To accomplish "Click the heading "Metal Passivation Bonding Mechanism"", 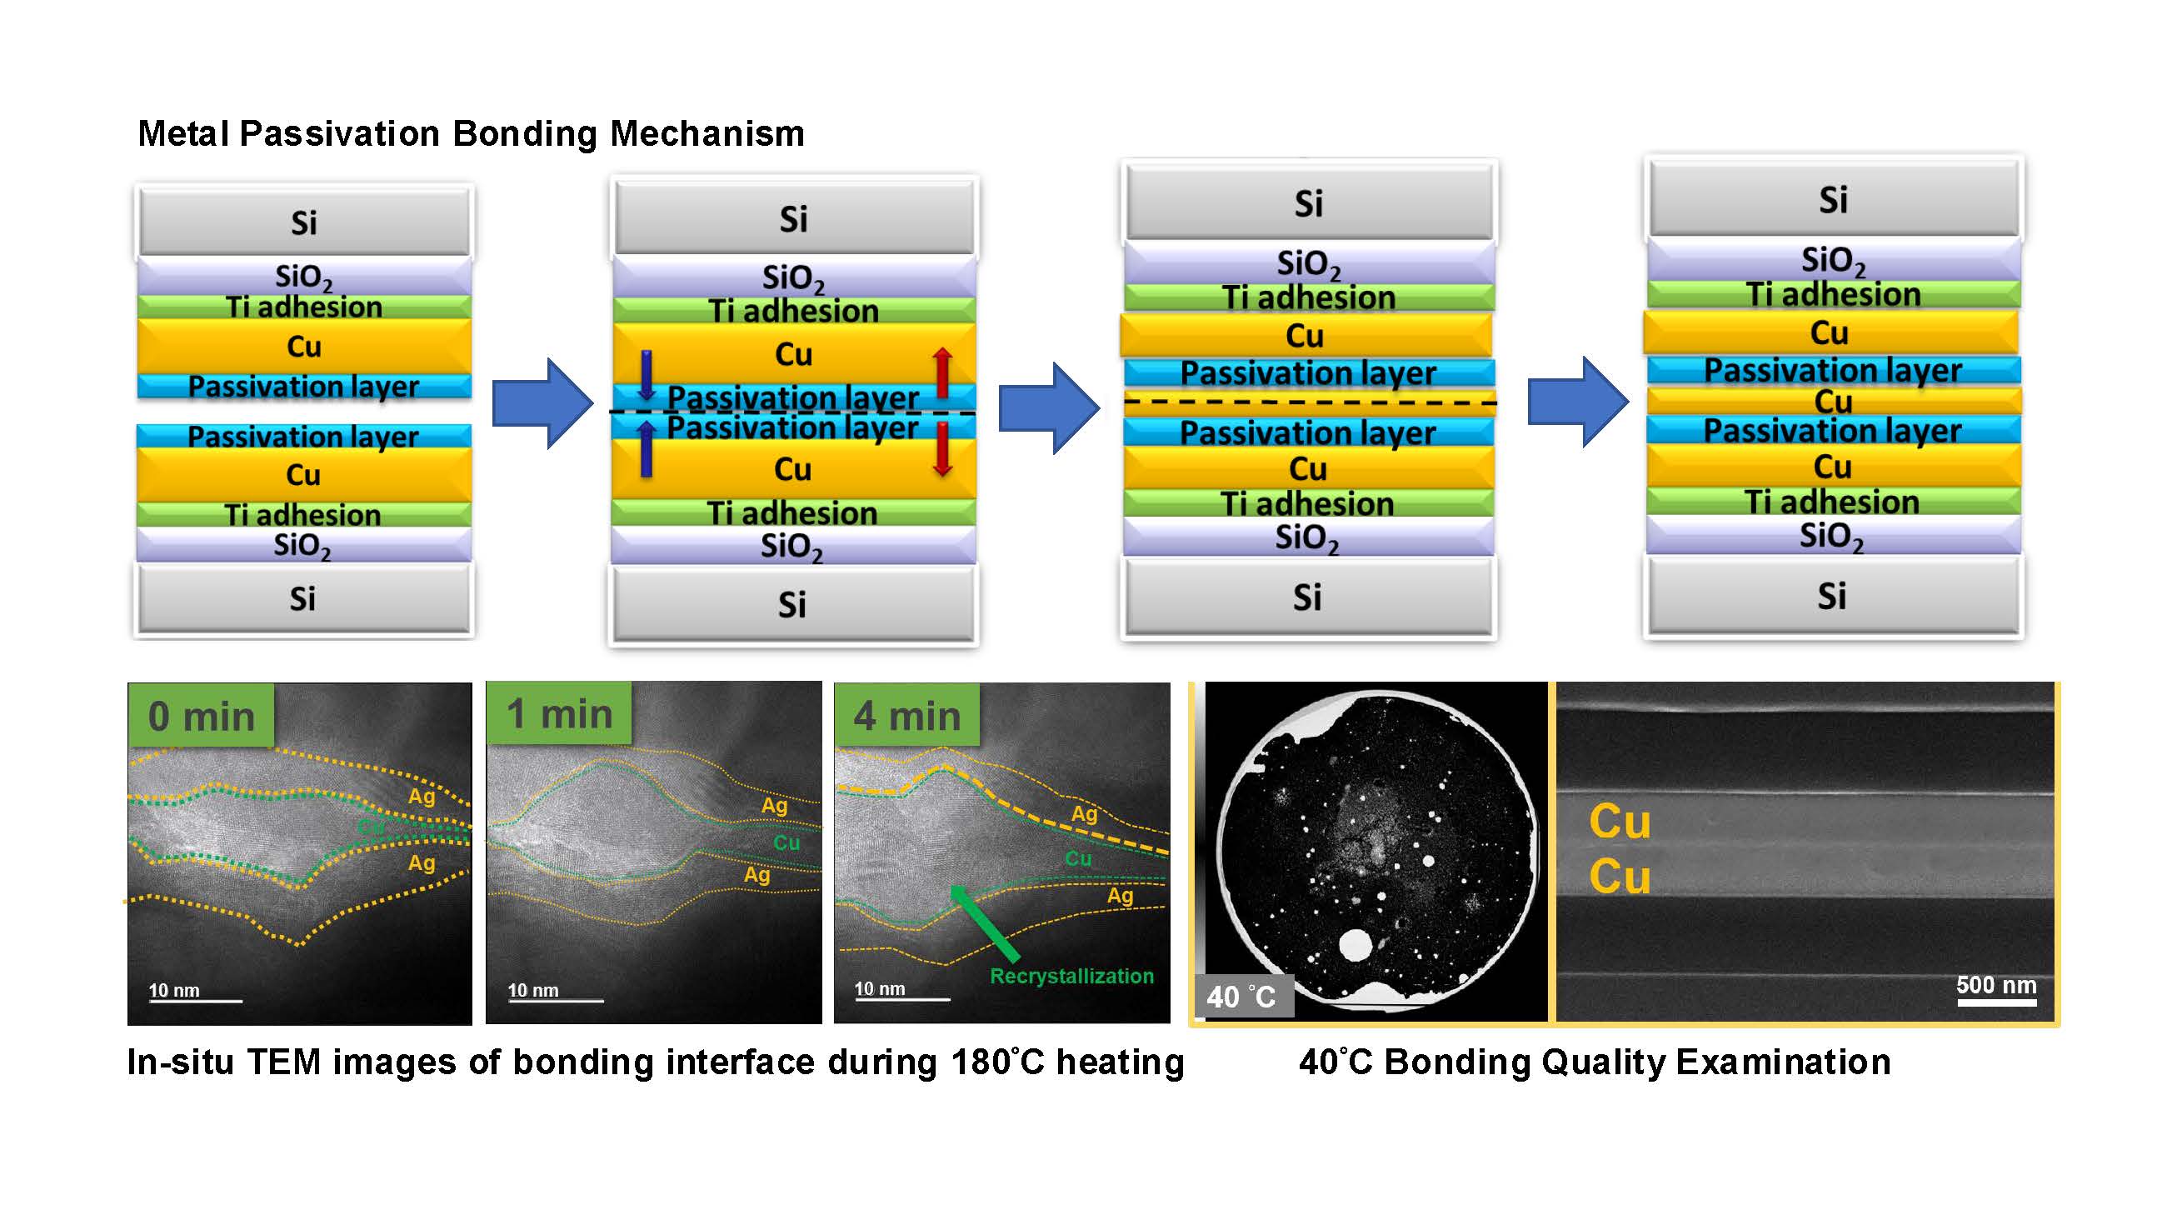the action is (471, 133).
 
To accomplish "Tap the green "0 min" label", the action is (201, 715).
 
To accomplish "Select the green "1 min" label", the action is (558, 713).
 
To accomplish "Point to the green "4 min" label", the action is (906, 715).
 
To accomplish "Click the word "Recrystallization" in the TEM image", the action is (1071, 976).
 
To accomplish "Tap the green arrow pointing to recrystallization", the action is (984, 923).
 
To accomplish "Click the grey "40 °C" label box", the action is (1243, 996).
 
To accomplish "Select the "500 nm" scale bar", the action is (1996, 1002).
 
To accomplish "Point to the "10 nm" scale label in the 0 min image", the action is (174, 990).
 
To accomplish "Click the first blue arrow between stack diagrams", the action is (542, 403).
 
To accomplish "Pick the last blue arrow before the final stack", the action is (1578, 402).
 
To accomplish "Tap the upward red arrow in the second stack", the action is (942, 372).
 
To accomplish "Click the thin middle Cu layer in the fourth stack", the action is (1833, 401).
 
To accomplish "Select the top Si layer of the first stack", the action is (304, 222).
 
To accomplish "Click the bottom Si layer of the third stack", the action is (1307, 597).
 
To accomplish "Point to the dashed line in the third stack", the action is (1309, 402).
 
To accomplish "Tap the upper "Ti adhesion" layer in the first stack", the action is (304, 306).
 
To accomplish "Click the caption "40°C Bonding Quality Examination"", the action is (1595, 1062).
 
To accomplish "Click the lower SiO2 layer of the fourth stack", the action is (1832, 535).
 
